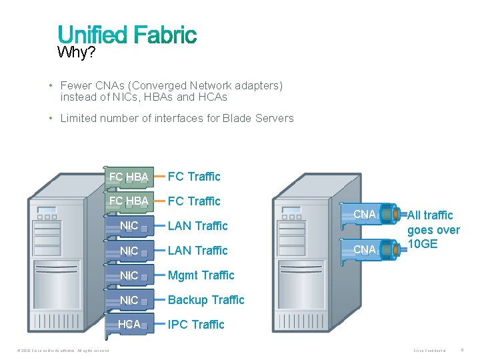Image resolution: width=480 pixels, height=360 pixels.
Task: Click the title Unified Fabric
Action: pos(127,35)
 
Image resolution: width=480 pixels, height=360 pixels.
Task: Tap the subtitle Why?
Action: pos(76,53)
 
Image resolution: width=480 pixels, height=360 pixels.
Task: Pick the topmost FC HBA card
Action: pos(129,177)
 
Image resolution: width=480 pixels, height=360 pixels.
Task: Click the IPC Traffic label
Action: pos(196,325)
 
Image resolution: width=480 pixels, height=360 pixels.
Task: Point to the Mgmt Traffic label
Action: pos(201,275)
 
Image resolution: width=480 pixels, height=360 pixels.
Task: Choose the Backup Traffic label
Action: pos(206,300)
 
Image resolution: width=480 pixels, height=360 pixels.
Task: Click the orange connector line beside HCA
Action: pos(159,325)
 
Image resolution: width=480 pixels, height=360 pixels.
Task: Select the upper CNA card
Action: pos(364,215)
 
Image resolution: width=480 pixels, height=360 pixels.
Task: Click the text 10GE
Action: pos(423,244)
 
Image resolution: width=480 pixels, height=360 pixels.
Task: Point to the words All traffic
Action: pos(430,215)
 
